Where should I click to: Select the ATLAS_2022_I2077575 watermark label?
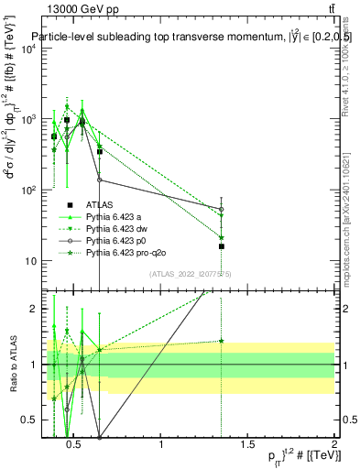[x=183, y=273]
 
